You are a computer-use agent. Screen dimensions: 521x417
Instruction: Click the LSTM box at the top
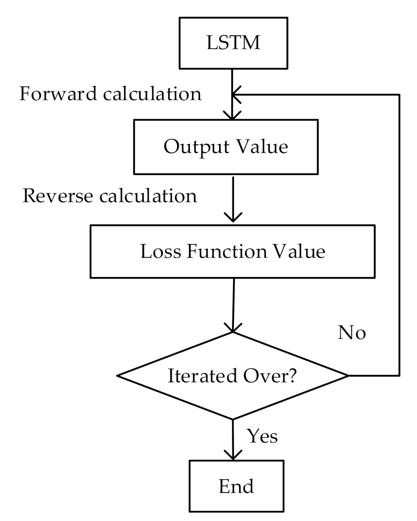click(233, 43)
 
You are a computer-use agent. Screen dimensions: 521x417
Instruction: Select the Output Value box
click(226, 147)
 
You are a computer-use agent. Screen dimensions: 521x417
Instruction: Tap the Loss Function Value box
click(233, 251)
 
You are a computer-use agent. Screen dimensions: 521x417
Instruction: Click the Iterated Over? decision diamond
click(233, 375)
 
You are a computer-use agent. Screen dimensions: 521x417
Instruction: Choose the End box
click(236, 486)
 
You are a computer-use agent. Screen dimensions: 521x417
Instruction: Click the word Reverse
click(58, 196)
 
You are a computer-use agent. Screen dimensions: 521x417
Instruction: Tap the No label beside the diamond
click(352, 332)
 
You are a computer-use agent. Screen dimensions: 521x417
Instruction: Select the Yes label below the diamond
click(262, 436)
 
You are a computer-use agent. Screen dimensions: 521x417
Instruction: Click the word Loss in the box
click(161, 251)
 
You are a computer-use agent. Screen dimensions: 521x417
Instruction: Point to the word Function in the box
click(227, 251)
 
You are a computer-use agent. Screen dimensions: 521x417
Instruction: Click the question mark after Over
click(292, 375)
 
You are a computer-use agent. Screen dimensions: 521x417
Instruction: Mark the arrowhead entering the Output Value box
click(232, 116)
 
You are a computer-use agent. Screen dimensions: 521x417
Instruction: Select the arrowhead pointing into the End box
click(233, 455)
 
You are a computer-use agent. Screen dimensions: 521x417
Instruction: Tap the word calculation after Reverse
click(148, 196)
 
